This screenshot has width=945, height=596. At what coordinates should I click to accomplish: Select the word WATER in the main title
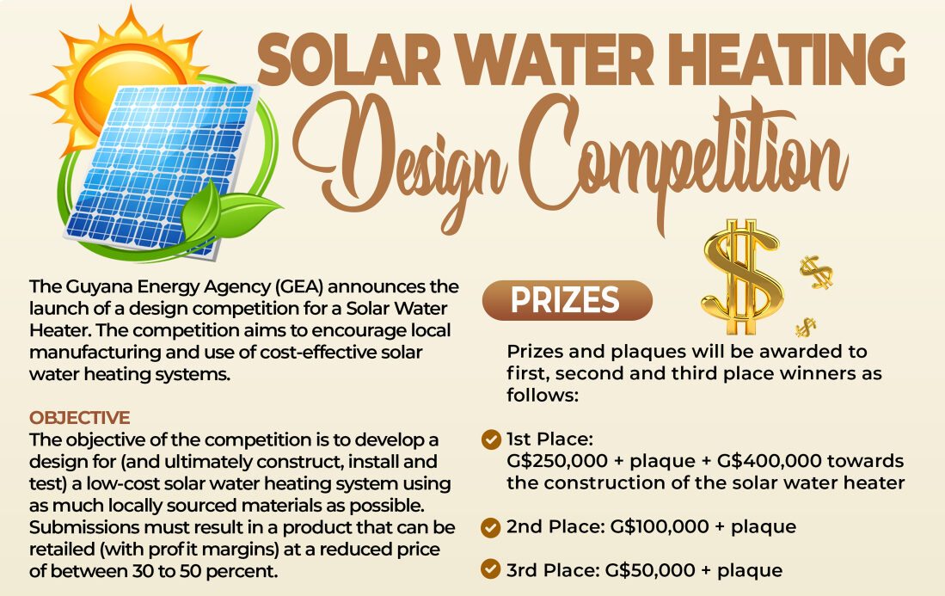(x=549, y=60)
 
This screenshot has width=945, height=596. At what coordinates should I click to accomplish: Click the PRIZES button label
(x=565, y=299)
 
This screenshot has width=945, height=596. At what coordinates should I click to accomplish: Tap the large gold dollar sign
(x=743, y=277)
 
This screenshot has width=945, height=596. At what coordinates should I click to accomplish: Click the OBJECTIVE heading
(x=80, y=418)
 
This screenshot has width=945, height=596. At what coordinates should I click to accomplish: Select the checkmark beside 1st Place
(x=491, y=439)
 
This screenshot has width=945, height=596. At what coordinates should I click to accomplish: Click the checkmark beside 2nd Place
(x=491, y=527)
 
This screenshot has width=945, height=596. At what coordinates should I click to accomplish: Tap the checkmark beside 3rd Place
(x=491, y=568)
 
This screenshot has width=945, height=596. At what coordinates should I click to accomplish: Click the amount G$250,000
(x=557, y=461)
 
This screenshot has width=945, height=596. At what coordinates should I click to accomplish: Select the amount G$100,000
(x=660, y=526)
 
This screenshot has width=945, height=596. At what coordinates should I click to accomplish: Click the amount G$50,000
(x=650, y=570)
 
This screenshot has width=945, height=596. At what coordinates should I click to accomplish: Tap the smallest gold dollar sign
(x=805, y=327)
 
